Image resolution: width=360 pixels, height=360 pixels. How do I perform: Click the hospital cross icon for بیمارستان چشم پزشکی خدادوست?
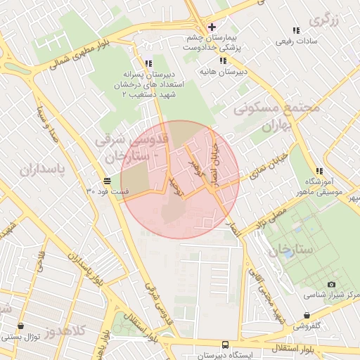212,27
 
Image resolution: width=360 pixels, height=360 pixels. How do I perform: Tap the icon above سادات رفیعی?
295,30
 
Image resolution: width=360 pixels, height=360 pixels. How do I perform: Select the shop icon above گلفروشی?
306,316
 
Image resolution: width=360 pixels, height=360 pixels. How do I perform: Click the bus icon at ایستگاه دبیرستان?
224,345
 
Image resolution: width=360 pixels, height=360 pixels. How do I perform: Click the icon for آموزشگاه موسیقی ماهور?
320,171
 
